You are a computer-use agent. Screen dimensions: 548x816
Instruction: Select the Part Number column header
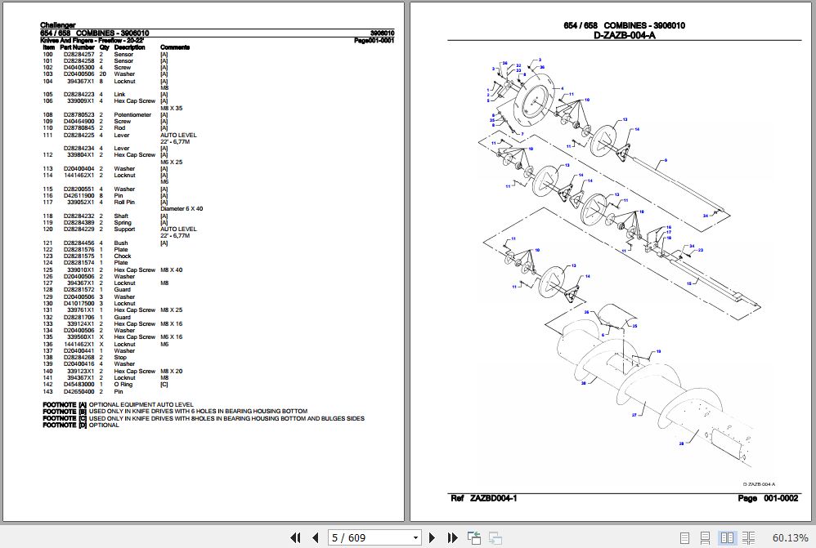[77, 47]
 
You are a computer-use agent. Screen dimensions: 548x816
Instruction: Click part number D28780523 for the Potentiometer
[78, 115]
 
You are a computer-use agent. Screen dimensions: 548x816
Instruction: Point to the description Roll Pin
[124, 203]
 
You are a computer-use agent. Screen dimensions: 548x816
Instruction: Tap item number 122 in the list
[47, 249]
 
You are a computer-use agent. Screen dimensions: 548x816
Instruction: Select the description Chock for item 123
[123, 256]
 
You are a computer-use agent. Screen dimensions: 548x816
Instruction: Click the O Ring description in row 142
[123, 385]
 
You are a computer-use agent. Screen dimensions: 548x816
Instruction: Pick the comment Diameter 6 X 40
[182, 209]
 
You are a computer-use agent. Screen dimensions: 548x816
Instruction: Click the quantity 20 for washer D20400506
[102, 74]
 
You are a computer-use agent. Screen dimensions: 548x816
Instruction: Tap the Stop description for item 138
[120, 358]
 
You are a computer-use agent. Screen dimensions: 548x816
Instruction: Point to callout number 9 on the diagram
[666, 159]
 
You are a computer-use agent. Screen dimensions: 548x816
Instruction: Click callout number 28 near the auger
[680, 444]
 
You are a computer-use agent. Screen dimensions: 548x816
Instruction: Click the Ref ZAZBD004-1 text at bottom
[483, 498]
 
